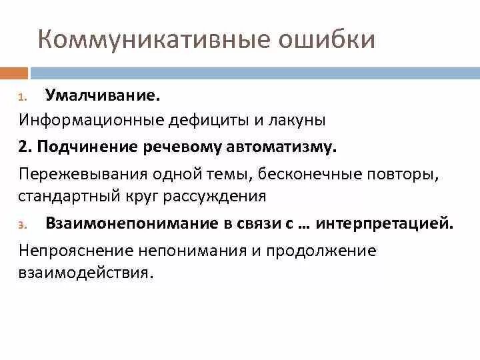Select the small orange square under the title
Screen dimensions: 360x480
click(14, 72)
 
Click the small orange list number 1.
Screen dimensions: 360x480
click(21, 98)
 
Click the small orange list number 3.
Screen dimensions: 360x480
click(21, 225)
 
